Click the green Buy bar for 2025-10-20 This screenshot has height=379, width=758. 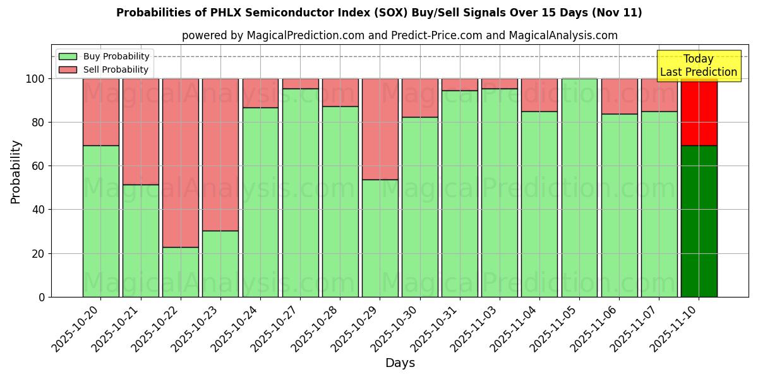coord(100,221)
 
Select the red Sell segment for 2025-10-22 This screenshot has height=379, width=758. coord(181,162)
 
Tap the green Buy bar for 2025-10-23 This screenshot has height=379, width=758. coord(220,263)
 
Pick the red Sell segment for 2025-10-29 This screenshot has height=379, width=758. coord(380,129)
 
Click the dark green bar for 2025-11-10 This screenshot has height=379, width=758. coord(699,221)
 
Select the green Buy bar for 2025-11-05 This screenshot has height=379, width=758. coord(579,188)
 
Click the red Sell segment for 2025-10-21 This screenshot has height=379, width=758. coord(140,131)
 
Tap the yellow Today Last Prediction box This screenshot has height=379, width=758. coord(699,66)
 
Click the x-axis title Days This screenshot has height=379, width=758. coord(400,363)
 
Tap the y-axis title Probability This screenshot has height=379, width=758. coord(16,172)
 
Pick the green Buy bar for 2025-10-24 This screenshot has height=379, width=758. coord(260,202)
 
